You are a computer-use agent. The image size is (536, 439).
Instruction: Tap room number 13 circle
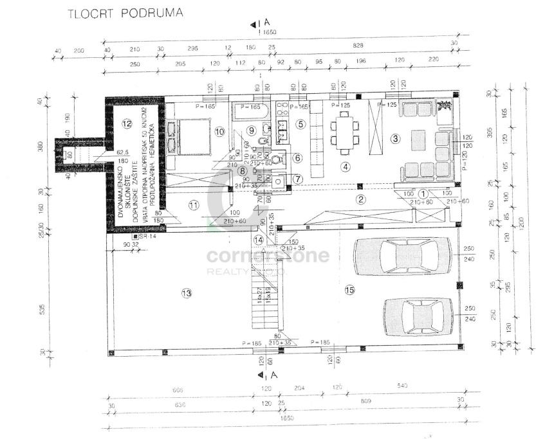(x=187, y=294)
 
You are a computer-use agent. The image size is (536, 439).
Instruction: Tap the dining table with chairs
(x=344, y=130)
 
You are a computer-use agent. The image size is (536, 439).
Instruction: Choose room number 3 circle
(x=396, y=138)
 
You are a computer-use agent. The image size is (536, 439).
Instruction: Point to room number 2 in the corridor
(x=361, y=199)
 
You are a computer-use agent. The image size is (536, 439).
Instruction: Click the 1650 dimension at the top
(x=266, y=31)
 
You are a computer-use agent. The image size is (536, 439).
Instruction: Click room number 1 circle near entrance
(x=423, y=193)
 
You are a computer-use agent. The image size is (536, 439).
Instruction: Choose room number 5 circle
(x=300, y=123)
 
